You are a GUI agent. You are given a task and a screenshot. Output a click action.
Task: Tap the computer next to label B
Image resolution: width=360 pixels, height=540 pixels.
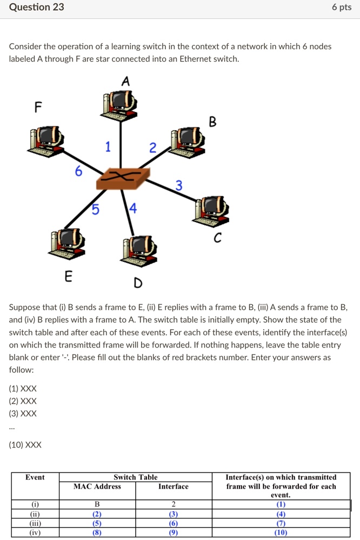coord(187,143)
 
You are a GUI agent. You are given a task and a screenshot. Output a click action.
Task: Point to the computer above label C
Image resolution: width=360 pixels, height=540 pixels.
coord(211,211)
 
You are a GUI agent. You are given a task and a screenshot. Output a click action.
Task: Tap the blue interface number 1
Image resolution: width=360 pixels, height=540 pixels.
coord(108,146)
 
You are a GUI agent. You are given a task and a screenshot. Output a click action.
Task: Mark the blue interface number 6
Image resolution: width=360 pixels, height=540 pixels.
coord(79,171)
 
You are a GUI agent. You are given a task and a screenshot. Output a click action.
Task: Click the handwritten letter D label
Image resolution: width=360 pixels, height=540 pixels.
coord(138,283)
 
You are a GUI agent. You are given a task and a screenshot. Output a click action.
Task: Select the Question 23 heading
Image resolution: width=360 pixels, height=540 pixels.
coord(37,7)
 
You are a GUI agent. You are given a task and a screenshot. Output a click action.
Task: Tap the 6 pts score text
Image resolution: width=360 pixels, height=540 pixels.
coord(342,7)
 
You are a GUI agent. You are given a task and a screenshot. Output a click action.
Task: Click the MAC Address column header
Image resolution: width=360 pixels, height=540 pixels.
coord(97,486)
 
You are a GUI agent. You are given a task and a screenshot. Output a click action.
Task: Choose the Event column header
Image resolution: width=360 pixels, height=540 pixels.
coord(35,477)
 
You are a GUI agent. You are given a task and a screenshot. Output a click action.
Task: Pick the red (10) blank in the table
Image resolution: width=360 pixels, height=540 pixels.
coord(281,532)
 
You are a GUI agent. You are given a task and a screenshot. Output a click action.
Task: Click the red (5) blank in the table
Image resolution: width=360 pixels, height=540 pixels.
coord(97,523)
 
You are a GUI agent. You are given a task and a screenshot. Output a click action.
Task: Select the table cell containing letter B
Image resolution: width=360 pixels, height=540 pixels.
coord(97,504)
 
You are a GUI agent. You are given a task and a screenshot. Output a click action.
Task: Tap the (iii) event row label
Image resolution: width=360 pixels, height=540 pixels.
coord(35,523)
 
